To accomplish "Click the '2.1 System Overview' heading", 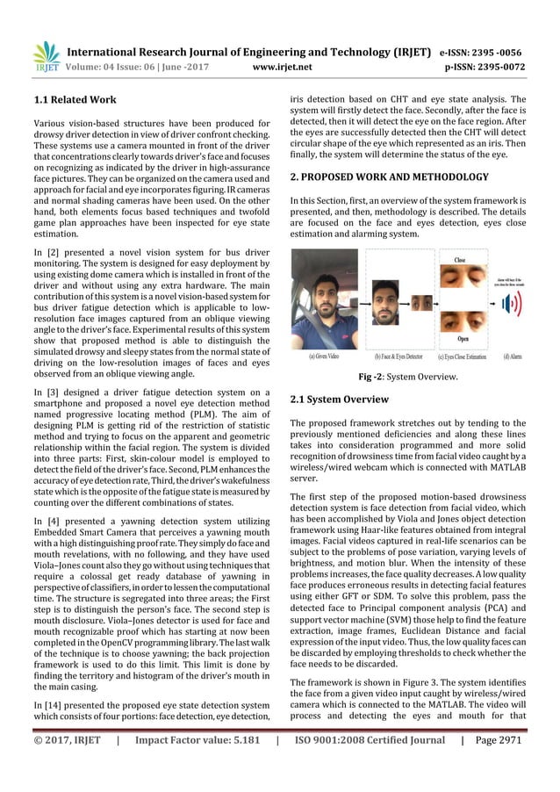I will point(339,400).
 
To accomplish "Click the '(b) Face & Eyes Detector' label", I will point(399,357).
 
